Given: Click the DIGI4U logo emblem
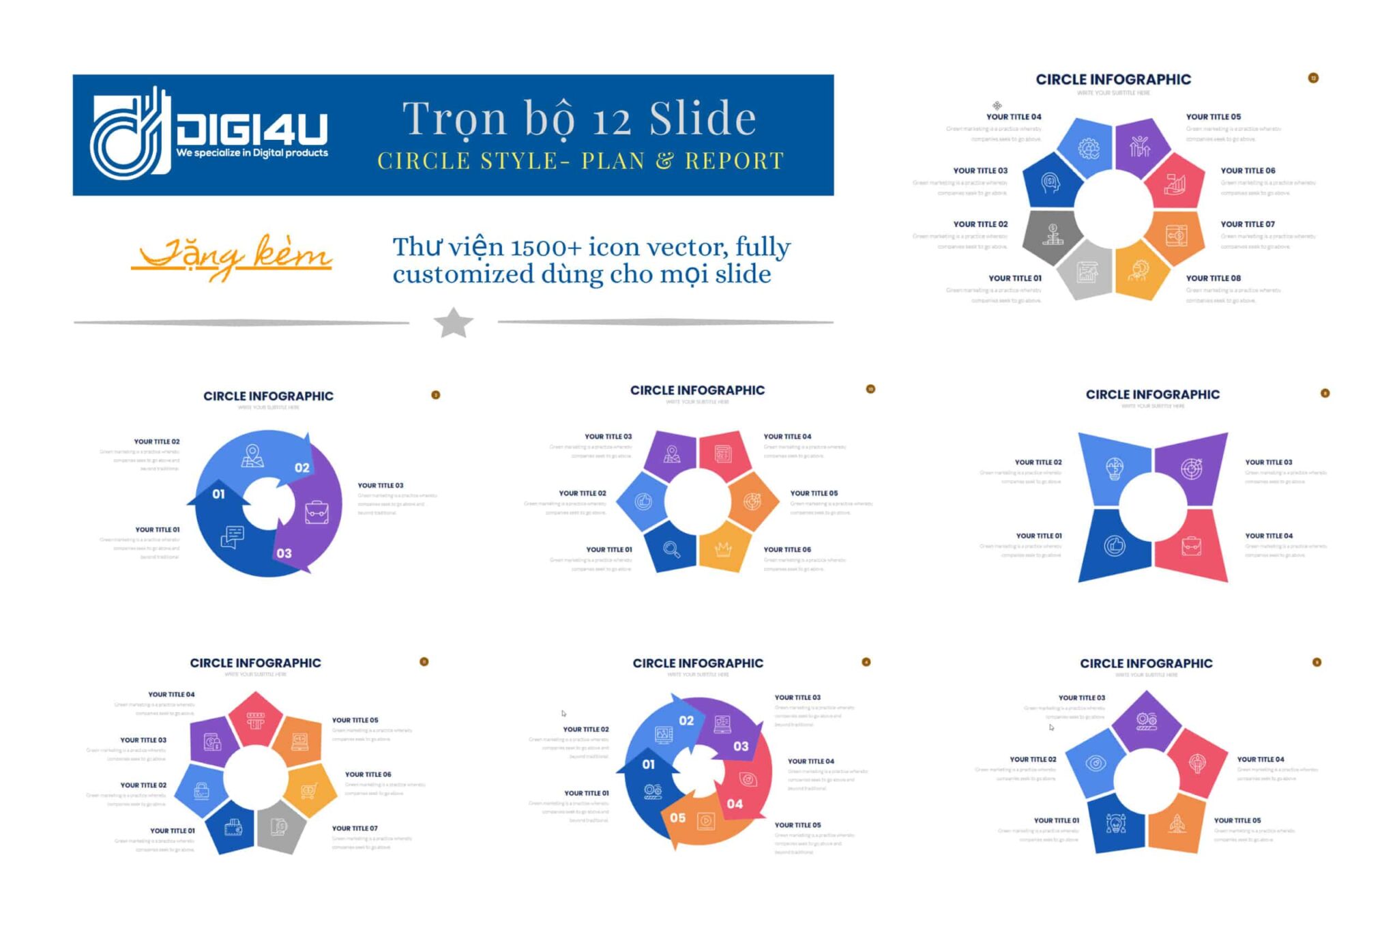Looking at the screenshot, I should [130, 134].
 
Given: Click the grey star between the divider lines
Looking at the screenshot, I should [454, 323].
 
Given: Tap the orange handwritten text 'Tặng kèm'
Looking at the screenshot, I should [232, 257].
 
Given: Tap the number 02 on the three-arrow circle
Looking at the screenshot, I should [302, 468].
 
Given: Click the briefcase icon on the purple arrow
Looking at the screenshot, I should [317, 512].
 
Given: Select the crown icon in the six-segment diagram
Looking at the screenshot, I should [723, 549].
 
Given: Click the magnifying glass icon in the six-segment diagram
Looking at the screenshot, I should [672, 549].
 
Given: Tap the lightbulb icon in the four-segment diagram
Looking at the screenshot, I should [1114, 469].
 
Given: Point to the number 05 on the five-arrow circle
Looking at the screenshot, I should [677, 817].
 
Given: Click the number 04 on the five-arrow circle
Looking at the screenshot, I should [735, 804].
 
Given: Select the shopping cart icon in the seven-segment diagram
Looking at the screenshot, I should [309, 790].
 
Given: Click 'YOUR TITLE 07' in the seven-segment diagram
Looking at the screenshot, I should [355, 828].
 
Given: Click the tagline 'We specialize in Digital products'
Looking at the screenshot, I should [252, 153].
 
